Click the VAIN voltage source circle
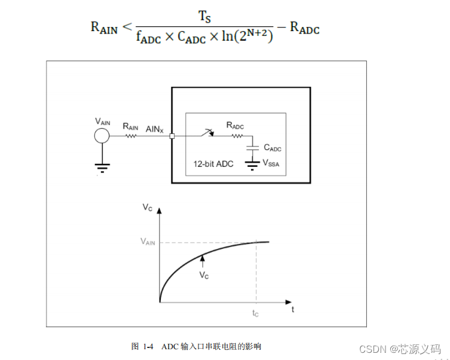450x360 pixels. (102, 136)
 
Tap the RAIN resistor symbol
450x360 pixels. (130, 136)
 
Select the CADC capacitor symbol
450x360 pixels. (255, 147)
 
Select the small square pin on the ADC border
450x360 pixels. (172, 136)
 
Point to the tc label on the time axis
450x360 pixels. (256, 313)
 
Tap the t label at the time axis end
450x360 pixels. (293, 310)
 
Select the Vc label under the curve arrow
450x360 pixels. (204, 276)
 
